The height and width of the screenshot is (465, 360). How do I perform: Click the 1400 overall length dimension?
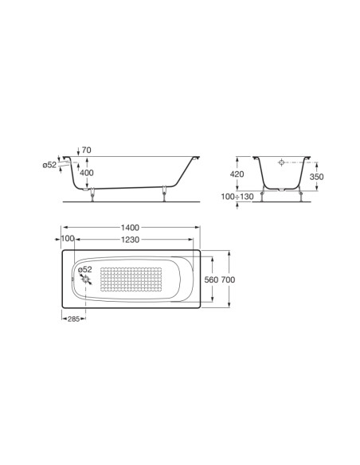click(130, 228)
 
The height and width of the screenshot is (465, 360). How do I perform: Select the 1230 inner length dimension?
click(130, 240)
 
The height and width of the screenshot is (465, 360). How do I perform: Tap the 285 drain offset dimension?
click(73, 318)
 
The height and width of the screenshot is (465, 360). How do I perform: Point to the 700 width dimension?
click(228, 279)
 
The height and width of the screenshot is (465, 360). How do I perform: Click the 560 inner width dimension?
click(211, 279)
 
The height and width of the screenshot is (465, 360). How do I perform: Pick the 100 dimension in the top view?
click(68, 238)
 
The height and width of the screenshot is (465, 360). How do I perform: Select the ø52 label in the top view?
click(85, 270)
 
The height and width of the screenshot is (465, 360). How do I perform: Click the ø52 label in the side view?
click(49, 165)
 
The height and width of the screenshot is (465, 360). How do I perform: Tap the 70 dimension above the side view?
click(87, 150)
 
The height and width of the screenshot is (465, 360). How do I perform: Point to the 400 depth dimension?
click(87, 173)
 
